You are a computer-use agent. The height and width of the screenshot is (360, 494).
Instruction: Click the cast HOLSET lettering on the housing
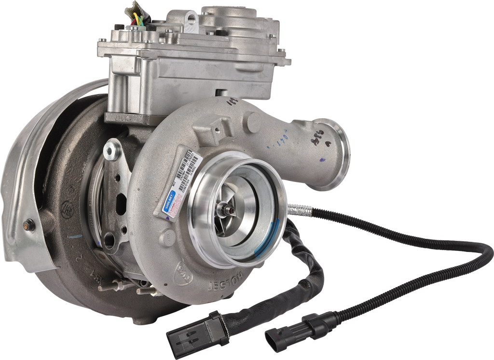pos(224,287)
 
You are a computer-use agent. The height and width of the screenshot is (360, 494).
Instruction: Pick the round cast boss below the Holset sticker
pos(168,236)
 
